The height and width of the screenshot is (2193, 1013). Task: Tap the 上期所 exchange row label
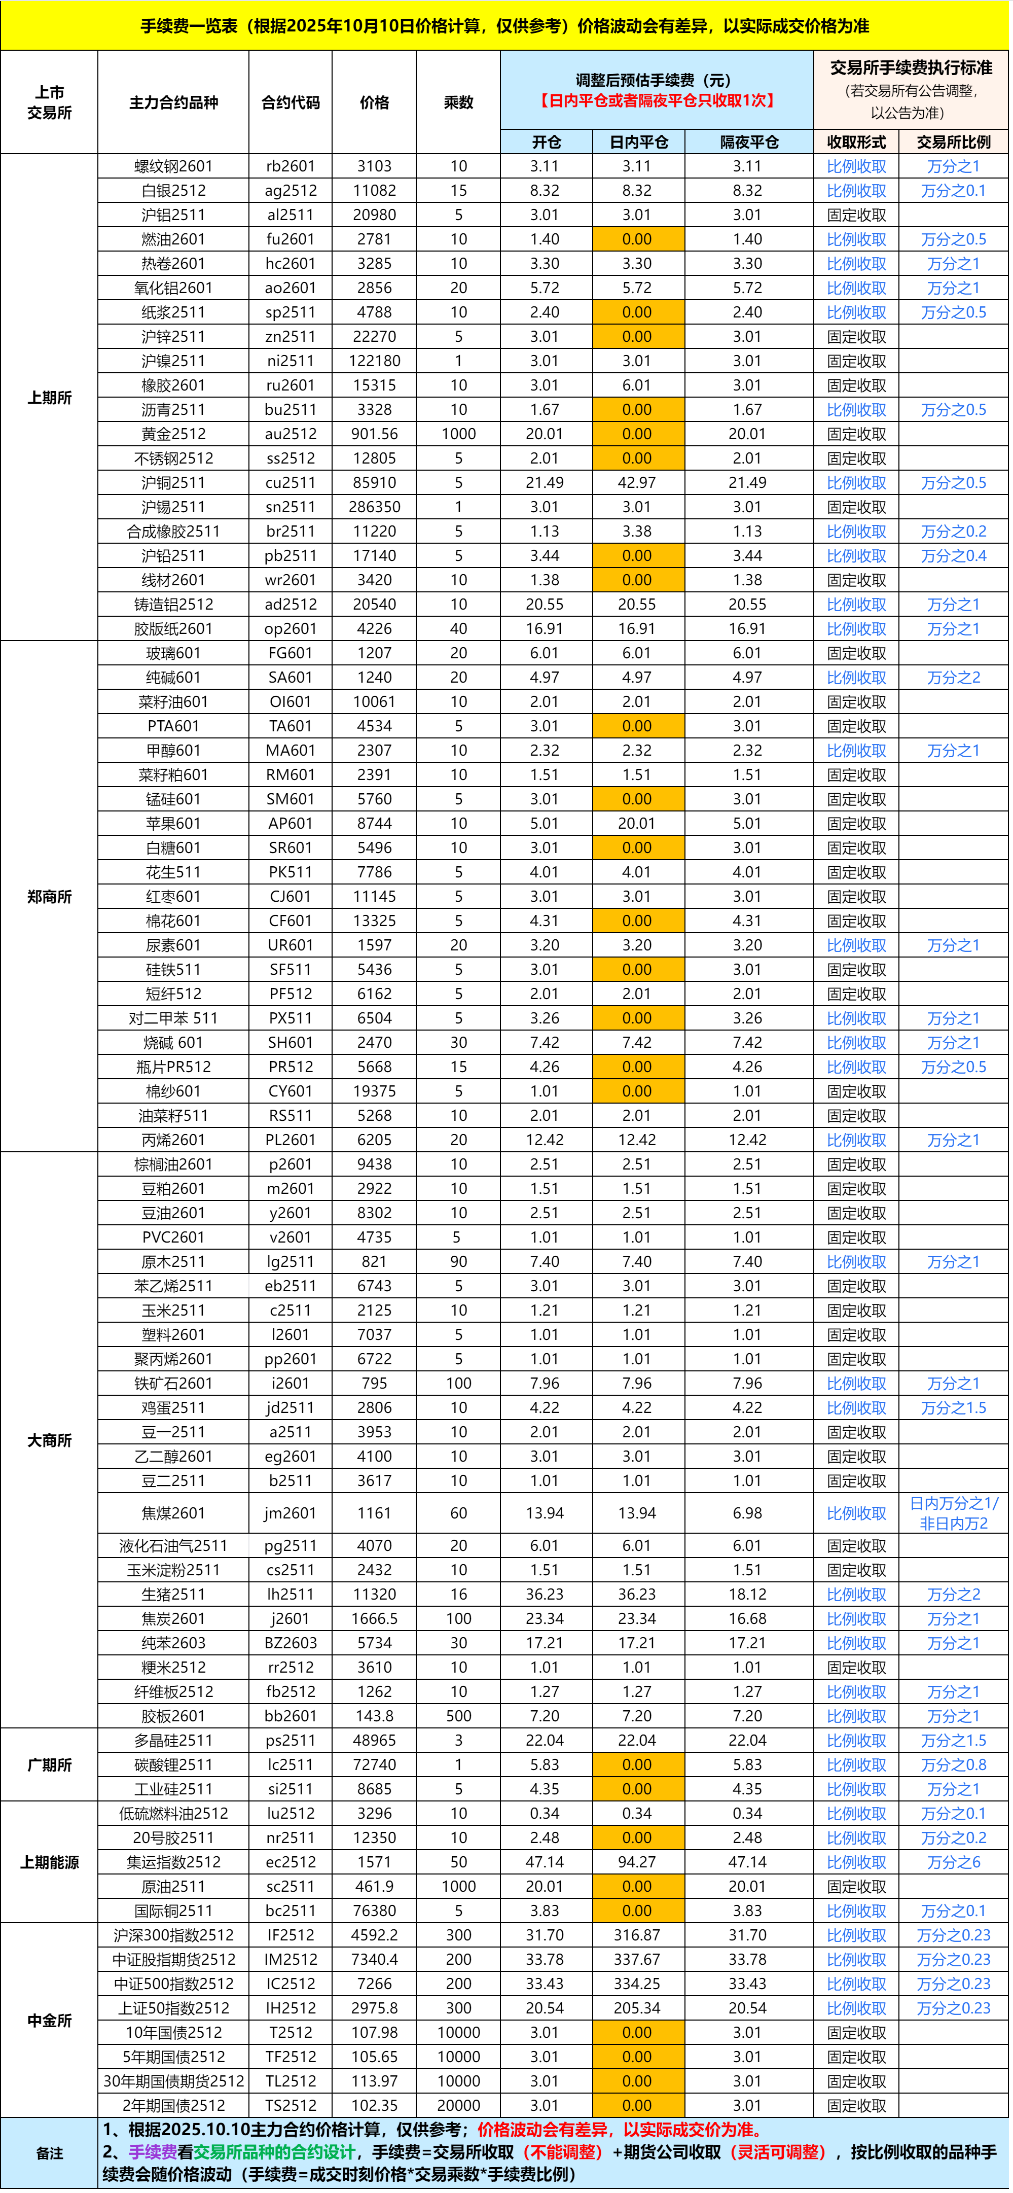(49, 398)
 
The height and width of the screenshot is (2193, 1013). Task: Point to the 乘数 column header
(458, 102)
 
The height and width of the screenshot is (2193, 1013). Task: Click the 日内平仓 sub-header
(638, 142)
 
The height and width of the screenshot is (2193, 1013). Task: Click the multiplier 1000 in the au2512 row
(458, 434)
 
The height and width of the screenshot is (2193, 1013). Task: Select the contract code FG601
(291, 653)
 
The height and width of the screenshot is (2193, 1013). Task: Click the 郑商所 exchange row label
(49, 897)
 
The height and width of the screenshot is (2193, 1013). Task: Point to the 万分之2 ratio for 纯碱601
(953, 678)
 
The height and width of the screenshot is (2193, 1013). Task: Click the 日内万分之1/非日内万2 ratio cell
(953, 1513)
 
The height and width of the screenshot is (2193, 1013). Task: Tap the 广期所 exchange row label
(49, 1765)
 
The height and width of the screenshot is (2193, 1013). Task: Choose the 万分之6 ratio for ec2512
(953, 1862)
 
